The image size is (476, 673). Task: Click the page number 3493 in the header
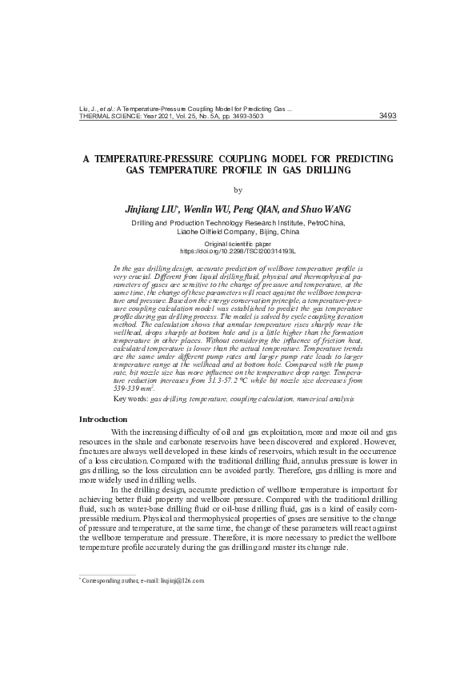pyautogui.click(x=386, y=116)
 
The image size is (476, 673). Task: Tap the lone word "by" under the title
pyautogui.click(x=238, y=189)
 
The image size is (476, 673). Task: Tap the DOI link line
pyautogui.click(x=238, y=251)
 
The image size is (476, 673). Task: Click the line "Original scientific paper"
pyautogui.click(x=238, y=243)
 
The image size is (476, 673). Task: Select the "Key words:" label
pyautogui.click(x=131, y=398)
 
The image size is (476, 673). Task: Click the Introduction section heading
pyautogui.click(x=102, y=419)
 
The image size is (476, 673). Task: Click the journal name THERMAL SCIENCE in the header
pyautogui.click(x=110, y=116)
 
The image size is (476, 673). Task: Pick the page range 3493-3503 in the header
pyautogui.click(x=245, y=116)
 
